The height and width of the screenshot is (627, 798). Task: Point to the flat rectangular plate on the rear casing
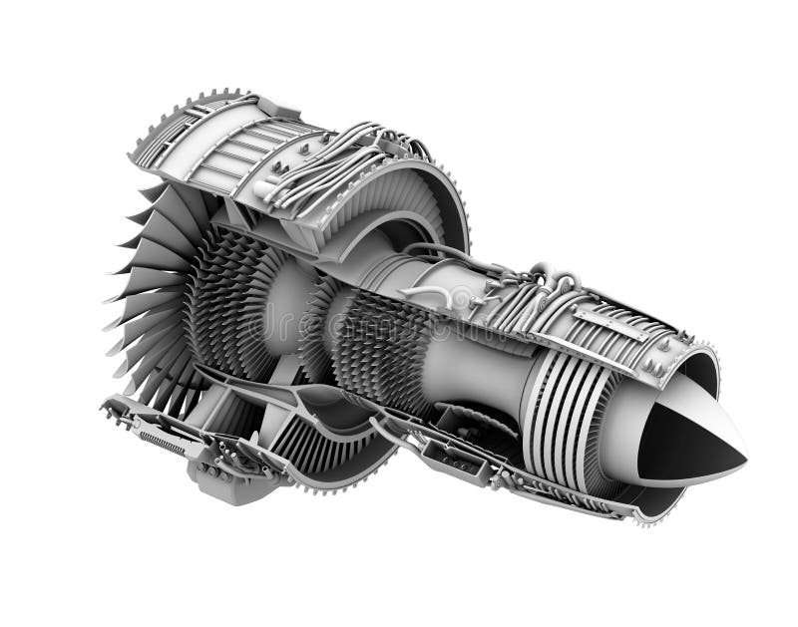pyautogui.click(x=607, y=322)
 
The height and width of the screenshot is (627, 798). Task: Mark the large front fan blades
pyautogui.click(x=150, y=289)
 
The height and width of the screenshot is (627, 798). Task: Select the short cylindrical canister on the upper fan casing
pyautogui.click(x=261, y=186)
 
